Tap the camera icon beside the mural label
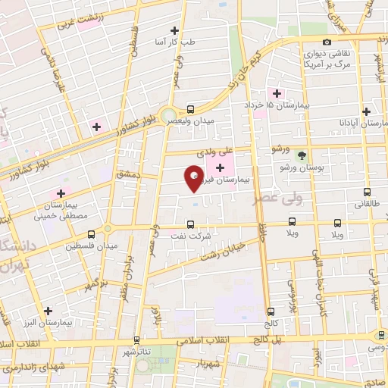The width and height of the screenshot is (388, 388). [326, 42]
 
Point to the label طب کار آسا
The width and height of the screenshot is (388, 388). [174, 42]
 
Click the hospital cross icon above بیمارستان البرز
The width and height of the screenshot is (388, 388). [48, 311]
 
